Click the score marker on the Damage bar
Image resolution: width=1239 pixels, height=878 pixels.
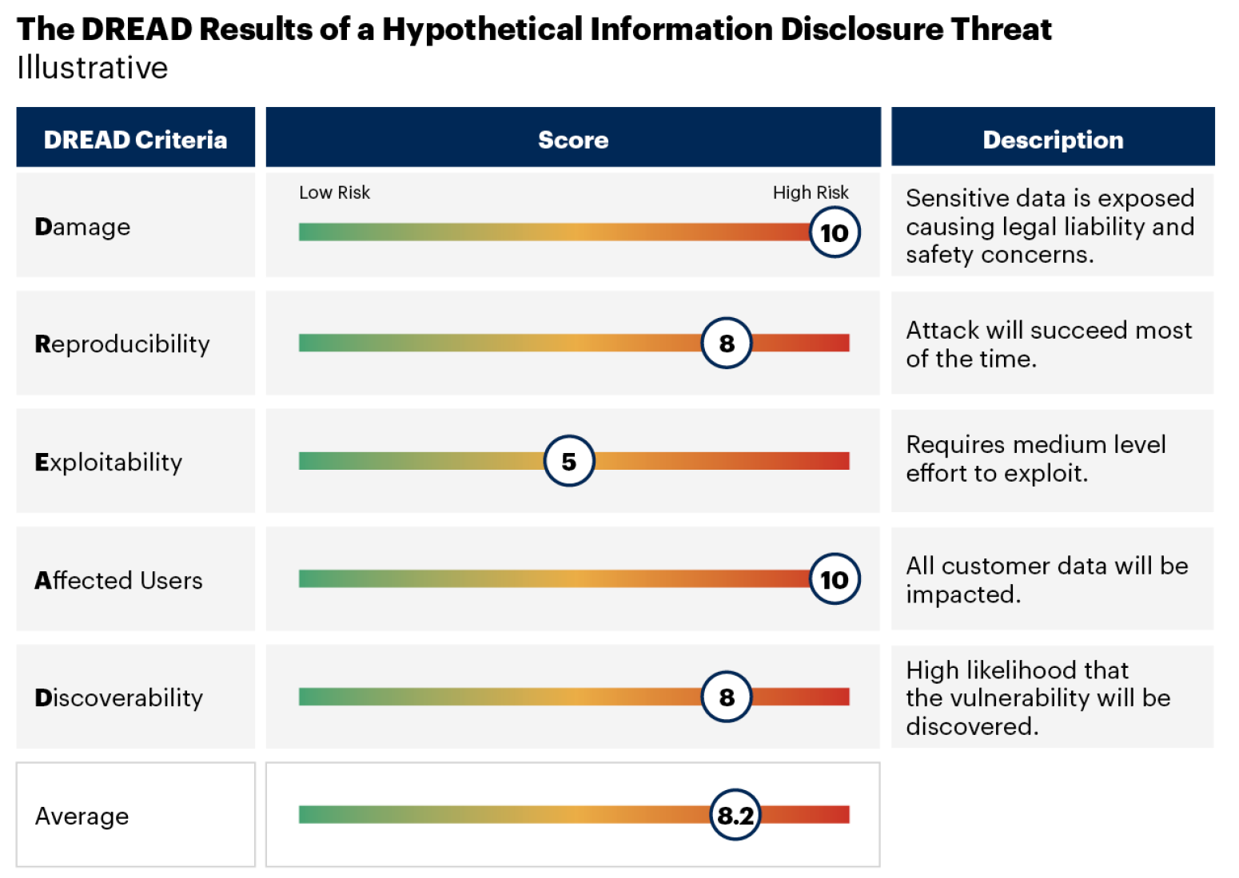[835, 232]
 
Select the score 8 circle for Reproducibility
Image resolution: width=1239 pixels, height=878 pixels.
[727, 344]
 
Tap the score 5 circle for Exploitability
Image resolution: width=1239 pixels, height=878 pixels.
[569, 461]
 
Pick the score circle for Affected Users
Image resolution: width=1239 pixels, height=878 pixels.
[835, 579]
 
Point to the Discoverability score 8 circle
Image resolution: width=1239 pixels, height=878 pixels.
[727, 697]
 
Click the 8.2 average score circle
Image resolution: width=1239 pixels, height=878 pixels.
[735, 815]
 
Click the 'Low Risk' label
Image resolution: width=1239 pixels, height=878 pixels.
[334, 193]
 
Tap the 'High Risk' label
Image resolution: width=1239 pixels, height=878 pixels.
[810, 193]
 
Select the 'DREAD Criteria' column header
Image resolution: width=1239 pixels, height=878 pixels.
[135, 140]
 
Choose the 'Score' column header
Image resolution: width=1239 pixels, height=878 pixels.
[573, 140]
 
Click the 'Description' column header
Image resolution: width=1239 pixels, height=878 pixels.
[1053, 140]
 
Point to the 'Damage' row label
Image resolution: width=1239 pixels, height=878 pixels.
[82, 227]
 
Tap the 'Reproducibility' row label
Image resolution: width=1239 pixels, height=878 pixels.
[122, 344]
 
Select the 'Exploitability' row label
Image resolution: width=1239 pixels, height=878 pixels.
[109, 463]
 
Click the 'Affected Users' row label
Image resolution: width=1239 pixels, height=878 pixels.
[118, 580]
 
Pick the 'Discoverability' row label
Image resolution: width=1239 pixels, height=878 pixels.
[119, 698]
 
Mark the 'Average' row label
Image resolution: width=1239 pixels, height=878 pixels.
[82, 816]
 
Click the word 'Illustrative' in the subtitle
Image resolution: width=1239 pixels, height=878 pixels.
[93, 68]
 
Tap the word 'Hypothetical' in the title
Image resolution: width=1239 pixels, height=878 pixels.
[482, 30]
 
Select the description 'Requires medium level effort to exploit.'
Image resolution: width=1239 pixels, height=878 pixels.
[1035, 459]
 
